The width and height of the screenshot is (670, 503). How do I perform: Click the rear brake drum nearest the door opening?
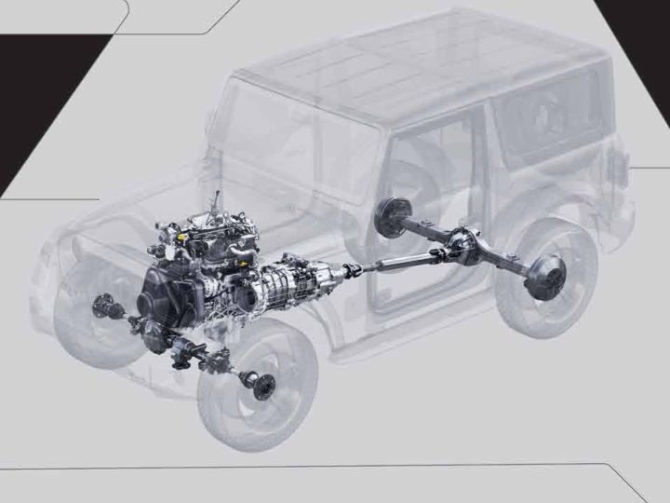(x=386, y=217)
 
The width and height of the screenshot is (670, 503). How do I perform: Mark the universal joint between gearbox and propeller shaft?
(x=351, y=271)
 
